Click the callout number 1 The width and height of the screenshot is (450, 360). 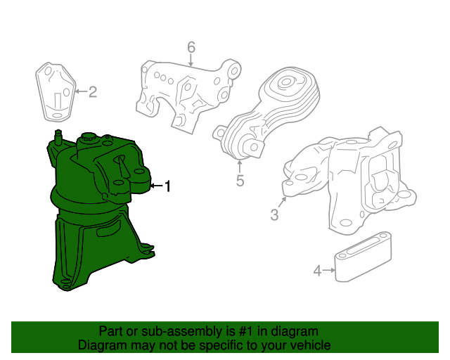167,186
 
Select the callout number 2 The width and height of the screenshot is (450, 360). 92,92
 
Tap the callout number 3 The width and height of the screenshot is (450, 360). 274,214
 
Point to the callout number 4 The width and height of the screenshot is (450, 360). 317,271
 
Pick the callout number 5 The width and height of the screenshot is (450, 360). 240,181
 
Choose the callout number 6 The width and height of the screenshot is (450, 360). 191,47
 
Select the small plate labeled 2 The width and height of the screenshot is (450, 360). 56,92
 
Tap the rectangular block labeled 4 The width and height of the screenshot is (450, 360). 363,257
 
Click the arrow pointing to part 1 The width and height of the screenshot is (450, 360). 156,186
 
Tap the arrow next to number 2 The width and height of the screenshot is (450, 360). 81,91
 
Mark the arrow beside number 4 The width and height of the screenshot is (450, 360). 328,270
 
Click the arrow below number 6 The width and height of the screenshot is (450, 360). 191,60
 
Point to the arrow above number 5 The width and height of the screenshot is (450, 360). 240,167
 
